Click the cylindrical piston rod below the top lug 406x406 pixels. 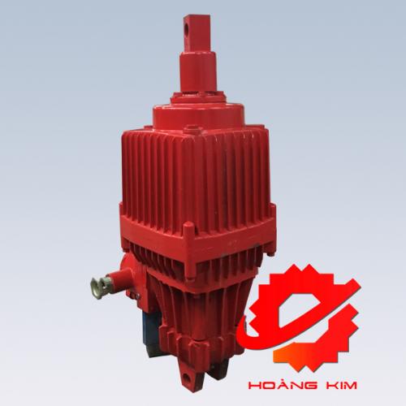(x=199, y=71)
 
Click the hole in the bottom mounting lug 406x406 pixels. (x=187, y=378)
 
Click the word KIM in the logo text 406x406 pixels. (x=341, y=386)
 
